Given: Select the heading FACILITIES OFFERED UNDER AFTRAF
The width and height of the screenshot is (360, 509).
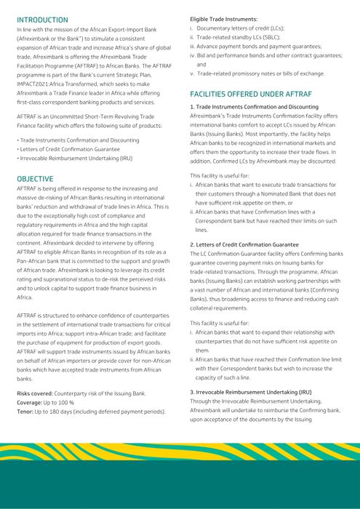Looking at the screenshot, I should pyautogui.click(x=251, y=95).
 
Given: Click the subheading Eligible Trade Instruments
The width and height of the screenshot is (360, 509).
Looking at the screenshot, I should pyautogui.click(x=223, y=17).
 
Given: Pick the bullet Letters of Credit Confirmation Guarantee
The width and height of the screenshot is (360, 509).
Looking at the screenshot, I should pyautogui.click(x=71, y=149).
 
